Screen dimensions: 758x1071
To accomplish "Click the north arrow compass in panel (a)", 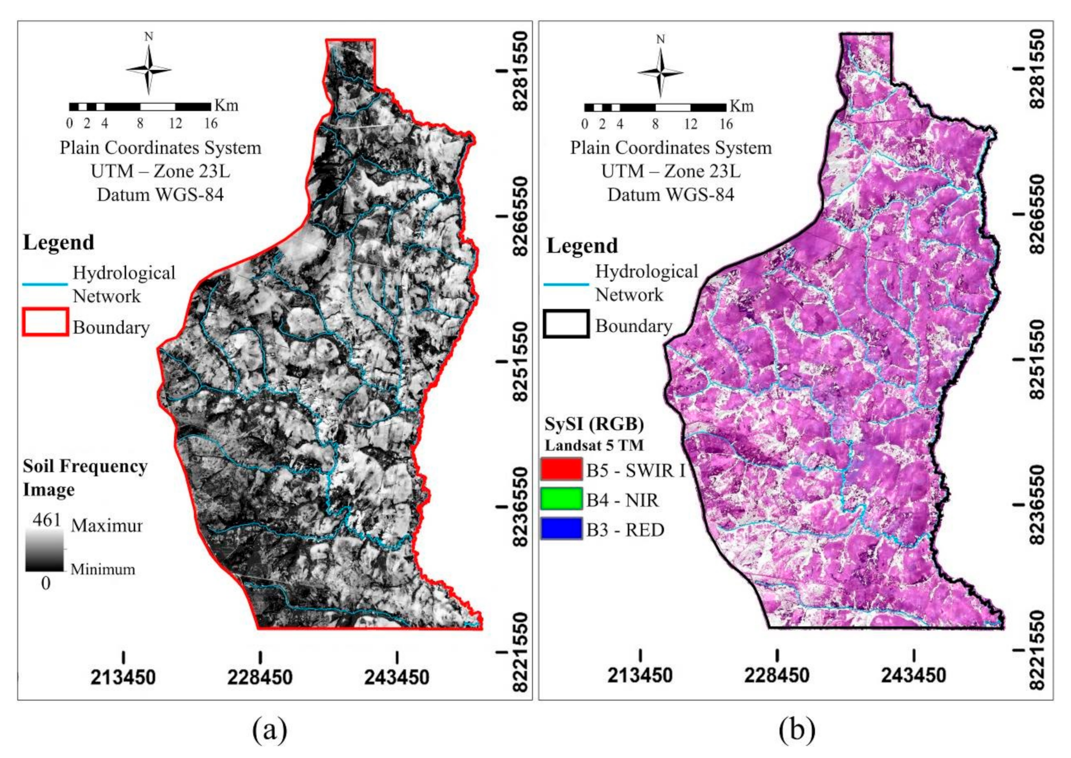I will pyautogui.click(x=148, y=69).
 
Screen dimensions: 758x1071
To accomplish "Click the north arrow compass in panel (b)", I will pyautogui.click(x=660, y=72).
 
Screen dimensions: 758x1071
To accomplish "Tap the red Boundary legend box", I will pyautogui.click(x=45, y=322).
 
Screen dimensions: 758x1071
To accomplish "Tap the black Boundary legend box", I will pyautogui.click(x=566, y=324).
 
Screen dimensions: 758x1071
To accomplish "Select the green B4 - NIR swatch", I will pyautogui.click(x=561, y=498).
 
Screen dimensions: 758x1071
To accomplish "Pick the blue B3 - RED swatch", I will pyautogui.click(x=561, y=528).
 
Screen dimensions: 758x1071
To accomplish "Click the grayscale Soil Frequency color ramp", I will pyautogui.click(x=45, y=550).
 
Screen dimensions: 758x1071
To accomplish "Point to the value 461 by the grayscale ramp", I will pyautogui.click(x=46, y=520).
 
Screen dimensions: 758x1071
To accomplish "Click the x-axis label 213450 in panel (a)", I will pyautogui.click(x=123, y=677).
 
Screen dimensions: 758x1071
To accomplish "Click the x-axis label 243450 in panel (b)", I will pyautogui.click(x=913, y=676).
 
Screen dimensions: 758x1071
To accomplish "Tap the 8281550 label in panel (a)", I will pyautogui.click(x=520, y=71).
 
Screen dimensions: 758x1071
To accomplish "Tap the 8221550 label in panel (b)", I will pyautogui.click(x=1037, y=650).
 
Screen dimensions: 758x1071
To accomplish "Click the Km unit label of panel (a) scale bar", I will pyautogui.click(x=226, y=105).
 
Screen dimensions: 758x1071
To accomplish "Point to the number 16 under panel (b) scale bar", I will pyautogui.click(x=726, y=124).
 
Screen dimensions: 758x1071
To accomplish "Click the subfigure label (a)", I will pyautogui.click(x=270, y=729).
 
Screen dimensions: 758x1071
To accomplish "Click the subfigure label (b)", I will pyautogui.click(x=796, y=729).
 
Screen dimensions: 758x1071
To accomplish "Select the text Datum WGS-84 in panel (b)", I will pyautogui.click(x=671, y=194).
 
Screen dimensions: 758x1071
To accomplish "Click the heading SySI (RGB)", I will pyautogui.click(x=594, y=424).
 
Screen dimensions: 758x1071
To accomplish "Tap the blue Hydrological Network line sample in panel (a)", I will pyautogui.click(x=45, y=285).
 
